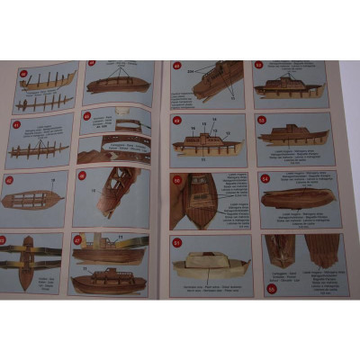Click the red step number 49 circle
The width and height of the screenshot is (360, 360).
tap(176, 119)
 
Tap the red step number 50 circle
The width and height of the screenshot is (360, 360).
tap(176, 178)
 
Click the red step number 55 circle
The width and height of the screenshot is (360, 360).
tap(272, 287)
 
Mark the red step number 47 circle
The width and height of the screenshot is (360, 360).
tap(78, 239)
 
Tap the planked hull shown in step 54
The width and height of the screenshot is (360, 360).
tap(297, 197)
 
